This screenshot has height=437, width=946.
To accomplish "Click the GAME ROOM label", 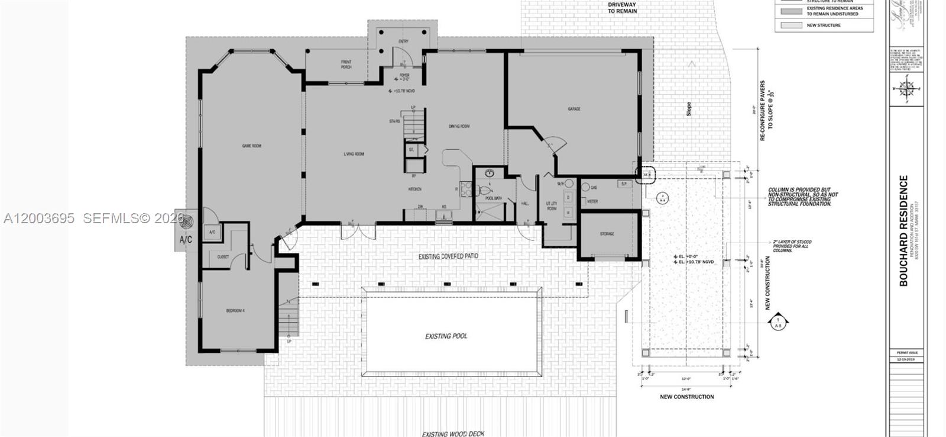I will [251, 146].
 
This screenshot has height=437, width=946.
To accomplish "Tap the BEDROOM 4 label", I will [235, 311].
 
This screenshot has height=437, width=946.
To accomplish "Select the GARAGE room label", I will [574, 109].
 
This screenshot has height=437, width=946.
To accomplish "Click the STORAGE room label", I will [607, 234].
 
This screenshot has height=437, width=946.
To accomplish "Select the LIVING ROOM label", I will [354, 154].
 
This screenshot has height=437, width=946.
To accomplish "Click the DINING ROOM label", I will [458, 126].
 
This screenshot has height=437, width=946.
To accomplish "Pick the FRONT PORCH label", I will [346, 64].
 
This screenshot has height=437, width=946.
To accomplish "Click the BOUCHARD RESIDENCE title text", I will [903, 231].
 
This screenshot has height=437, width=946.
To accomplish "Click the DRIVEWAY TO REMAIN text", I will [622, 8].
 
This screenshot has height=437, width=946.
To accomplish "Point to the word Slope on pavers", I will [689, 109].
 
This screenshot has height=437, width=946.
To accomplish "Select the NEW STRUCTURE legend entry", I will [824, 25].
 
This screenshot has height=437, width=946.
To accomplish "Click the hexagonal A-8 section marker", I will [778, 323].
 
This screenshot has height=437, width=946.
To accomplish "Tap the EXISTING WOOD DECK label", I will [452, 434].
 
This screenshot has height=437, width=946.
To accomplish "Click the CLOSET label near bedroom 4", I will [223, 257].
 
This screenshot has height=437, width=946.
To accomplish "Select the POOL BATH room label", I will [493, 198].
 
